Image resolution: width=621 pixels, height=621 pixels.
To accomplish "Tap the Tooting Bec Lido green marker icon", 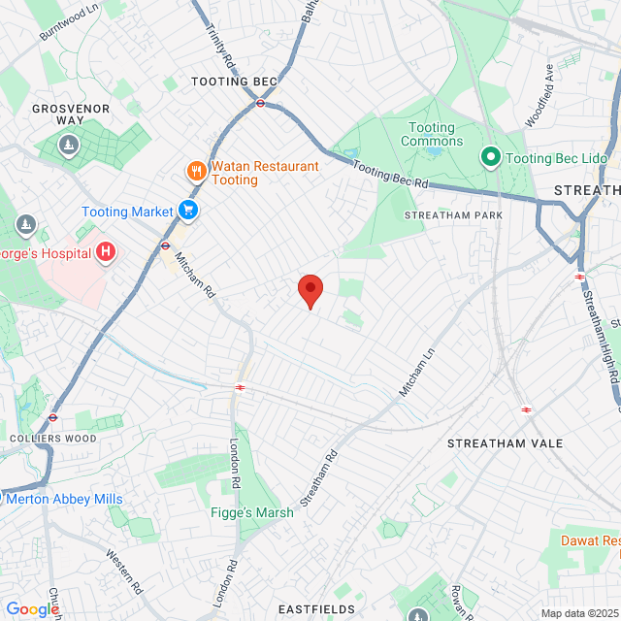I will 491,156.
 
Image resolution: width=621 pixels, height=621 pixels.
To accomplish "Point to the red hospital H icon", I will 107,254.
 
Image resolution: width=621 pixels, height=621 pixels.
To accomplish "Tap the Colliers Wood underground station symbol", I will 54,418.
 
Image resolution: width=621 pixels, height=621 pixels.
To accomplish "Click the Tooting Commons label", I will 432,135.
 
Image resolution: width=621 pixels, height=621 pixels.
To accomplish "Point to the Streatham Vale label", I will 505,443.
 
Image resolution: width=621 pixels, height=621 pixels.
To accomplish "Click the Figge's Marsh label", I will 252,513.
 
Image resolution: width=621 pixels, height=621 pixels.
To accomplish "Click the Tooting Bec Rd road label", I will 390,175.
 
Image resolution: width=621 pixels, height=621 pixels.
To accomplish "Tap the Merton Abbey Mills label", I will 64,499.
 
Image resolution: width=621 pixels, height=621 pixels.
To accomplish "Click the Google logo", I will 32,609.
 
